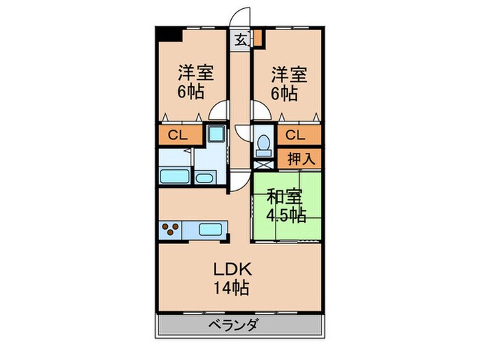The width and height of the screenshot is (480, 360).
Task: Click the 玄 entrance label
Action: [241, 39]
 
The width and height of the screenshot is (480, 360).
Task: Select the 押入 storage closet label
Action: [300, 159]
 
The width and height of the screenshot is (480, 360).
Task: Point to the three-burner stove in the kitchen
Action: [169, 229]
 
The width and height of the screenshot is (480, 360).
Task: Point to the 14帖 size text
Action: [230, 287]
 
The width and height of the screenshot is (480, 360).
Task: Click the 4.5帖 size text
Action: [287, 215]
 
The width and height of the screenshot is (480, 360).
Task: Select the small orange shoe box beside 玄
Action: [258, 38]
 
